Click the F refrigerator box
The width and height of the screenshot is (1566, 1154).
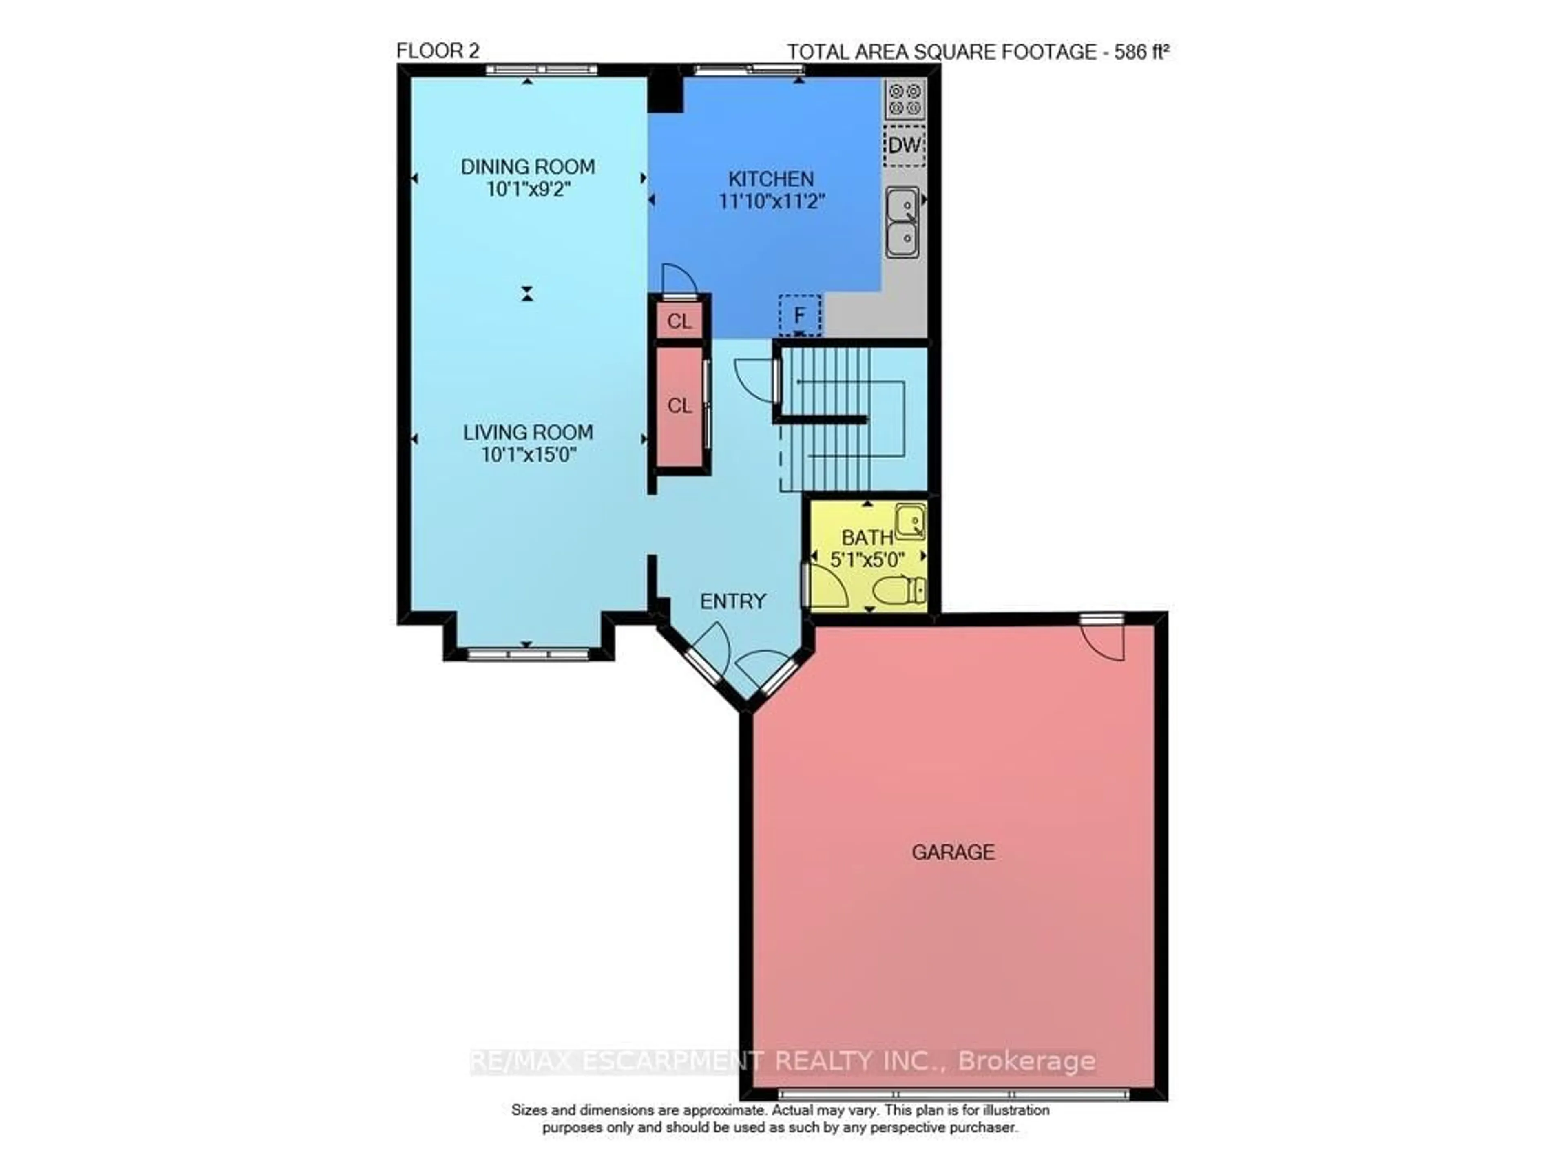tap(800, 316)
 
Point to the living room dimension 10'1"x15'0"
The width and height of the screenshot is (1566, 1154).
tap(528, 455)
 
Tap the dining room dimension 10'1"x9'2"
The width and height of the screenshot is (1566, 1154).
tap(528, 189)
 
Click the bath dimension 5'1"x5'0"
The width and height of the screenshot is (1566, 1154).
tap(867, 559)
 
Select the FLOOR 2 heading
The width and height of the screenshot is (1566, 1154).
tap(438, 51)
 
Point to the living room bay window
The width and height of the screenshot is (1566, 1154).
tap(528, 654)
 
